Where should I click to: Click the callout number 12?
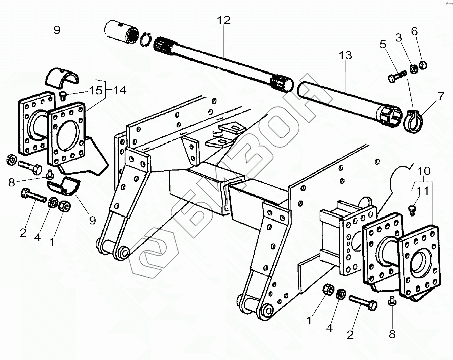click(223, 20)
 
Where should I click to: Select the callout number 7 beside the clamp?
click(441, 95)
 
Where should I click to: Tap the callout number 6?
click(414, 31)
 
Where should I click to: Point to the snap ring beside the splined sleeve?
click(146, 39)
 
